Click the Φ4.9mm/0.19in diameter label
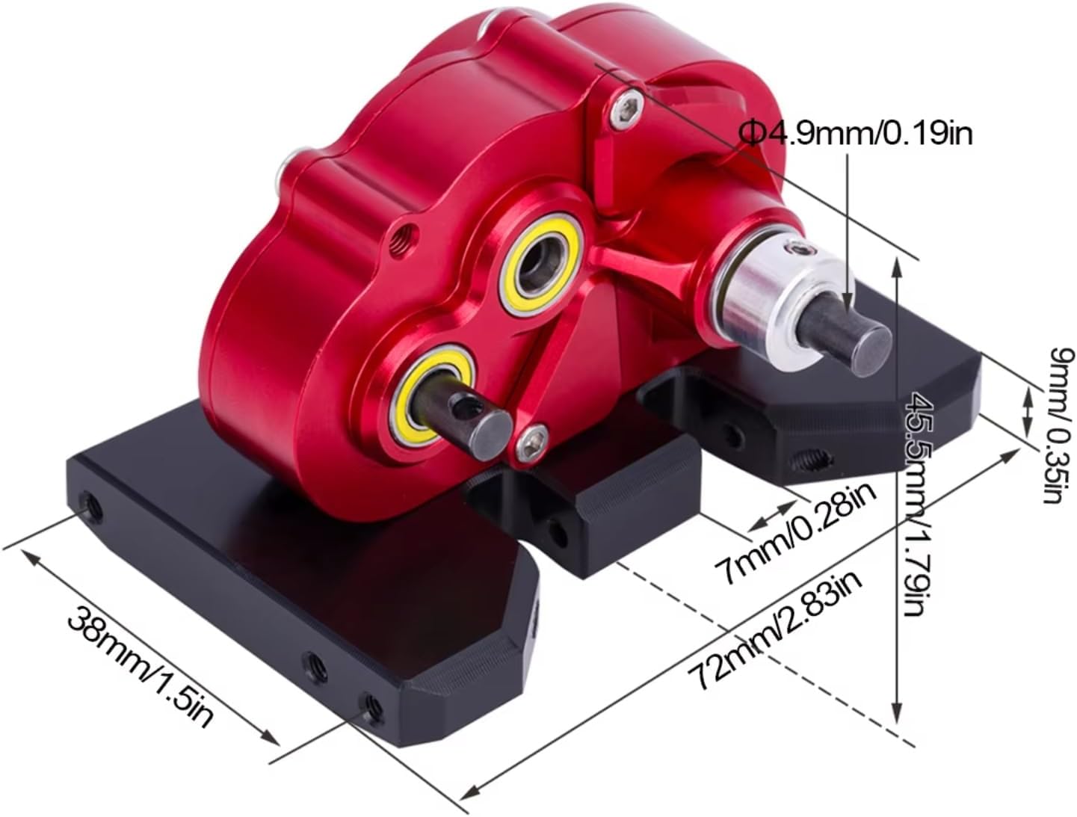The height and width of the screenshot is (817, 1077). pos(856,135)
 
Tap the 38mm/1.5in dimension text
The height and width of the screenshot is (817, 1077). pos(142,667)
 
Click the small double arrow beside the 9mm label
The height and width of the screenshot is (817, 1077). pos(1027,410)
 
